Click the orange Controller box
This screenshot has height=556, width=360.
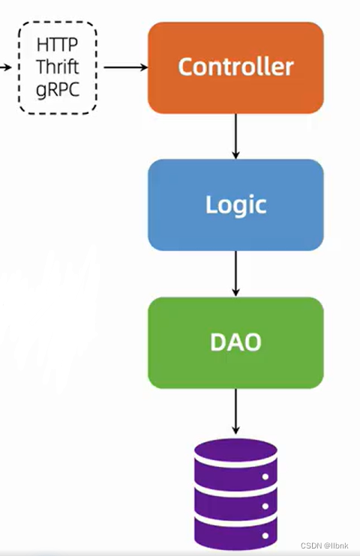[235, 67]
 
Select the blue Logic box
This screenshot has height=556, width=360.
[235, 205]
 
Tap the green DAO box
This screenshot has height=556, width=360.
[235, 342]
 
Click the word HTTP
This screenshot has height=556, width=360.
[57, 46]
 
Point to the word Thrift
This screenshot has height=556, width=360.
[57, 67]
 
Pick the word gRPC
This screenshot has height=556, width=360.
[57, 89]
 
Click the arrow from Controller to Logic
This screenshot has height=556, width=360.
[235, 136]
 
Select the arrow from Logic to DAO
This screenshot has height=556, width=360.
[235, 274]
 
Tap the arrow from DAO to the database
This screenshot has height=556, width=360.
[235, 411]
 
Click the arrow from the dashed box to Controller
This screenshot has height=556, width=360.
[125, 67]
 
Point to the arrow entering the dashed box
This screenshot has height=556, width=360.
[6, 67]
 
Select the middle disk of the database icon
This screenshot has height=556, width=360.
[235, 498]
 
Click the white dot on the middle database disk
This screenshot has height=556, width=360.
[265, 507]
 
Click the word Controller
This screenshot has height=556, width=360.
[235, 67]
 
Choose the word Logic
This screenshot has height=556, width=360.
[235, 205]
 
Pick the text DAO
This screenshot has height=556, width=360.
[235, 342]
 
